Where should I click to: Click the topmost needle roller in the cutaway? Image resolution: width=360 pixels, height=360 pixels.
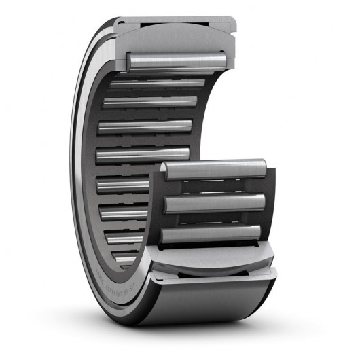pos(177,61)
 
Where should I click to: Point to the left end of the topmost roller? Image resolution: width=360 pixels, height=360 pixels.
pos(131,61)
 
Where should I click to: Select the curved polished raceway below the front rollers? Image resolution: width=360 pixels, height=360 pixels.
pos(211,257)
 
